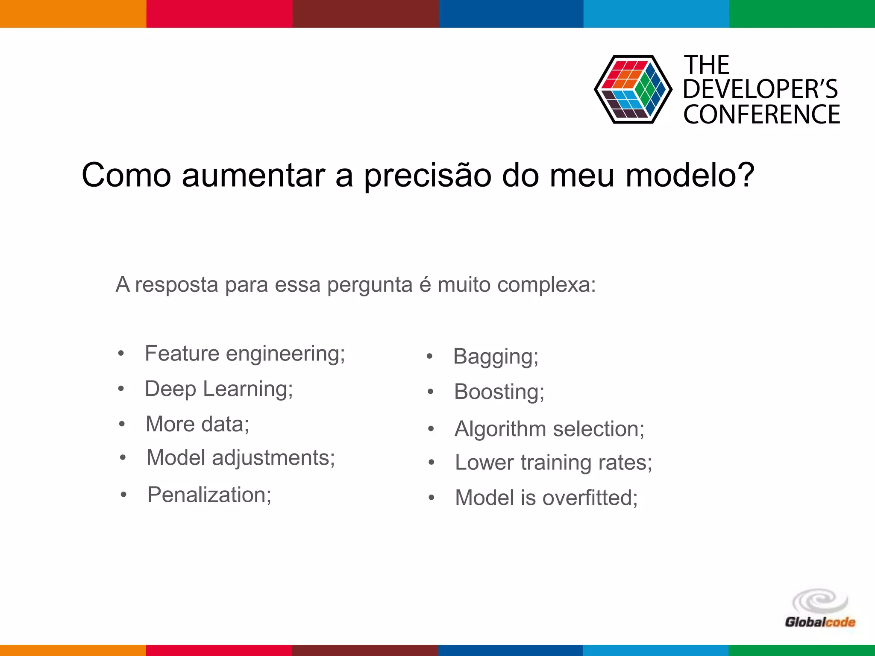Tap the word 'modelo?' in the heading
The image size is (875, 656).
pos(690,175)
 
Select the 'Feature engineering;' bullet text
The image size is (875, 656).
pos(245,354)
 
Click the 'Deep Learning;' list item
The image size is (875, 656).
pos(219,389)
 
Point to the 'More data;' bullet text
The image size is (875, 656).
pos(197,425)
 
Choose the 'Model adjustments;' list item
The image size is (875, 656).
pos(241,458)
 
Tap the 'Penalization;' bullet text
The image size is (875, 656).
pos(209,495)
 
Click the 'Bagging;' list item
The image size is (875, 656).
pos(496,357)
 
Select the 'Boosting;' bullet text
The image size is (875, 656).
pos(499,392)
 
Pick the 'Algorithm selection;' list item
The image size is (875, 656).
pos(549,429)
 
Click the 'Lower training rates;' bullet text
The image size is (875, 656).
pos(553,463)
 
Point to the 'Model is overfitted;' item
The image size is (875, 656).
pos(546,498)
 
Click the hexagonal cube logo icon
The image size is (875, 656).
pos(633,89)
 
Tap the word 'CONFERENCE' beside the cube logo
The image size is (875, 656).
pos(761,114)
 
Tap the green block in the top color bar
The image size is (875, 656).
pos(802,14)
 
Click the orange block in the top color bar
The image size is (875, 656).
pos(73,14)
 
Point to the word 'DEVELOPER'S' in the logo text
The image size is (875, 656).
pos(760,89)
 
